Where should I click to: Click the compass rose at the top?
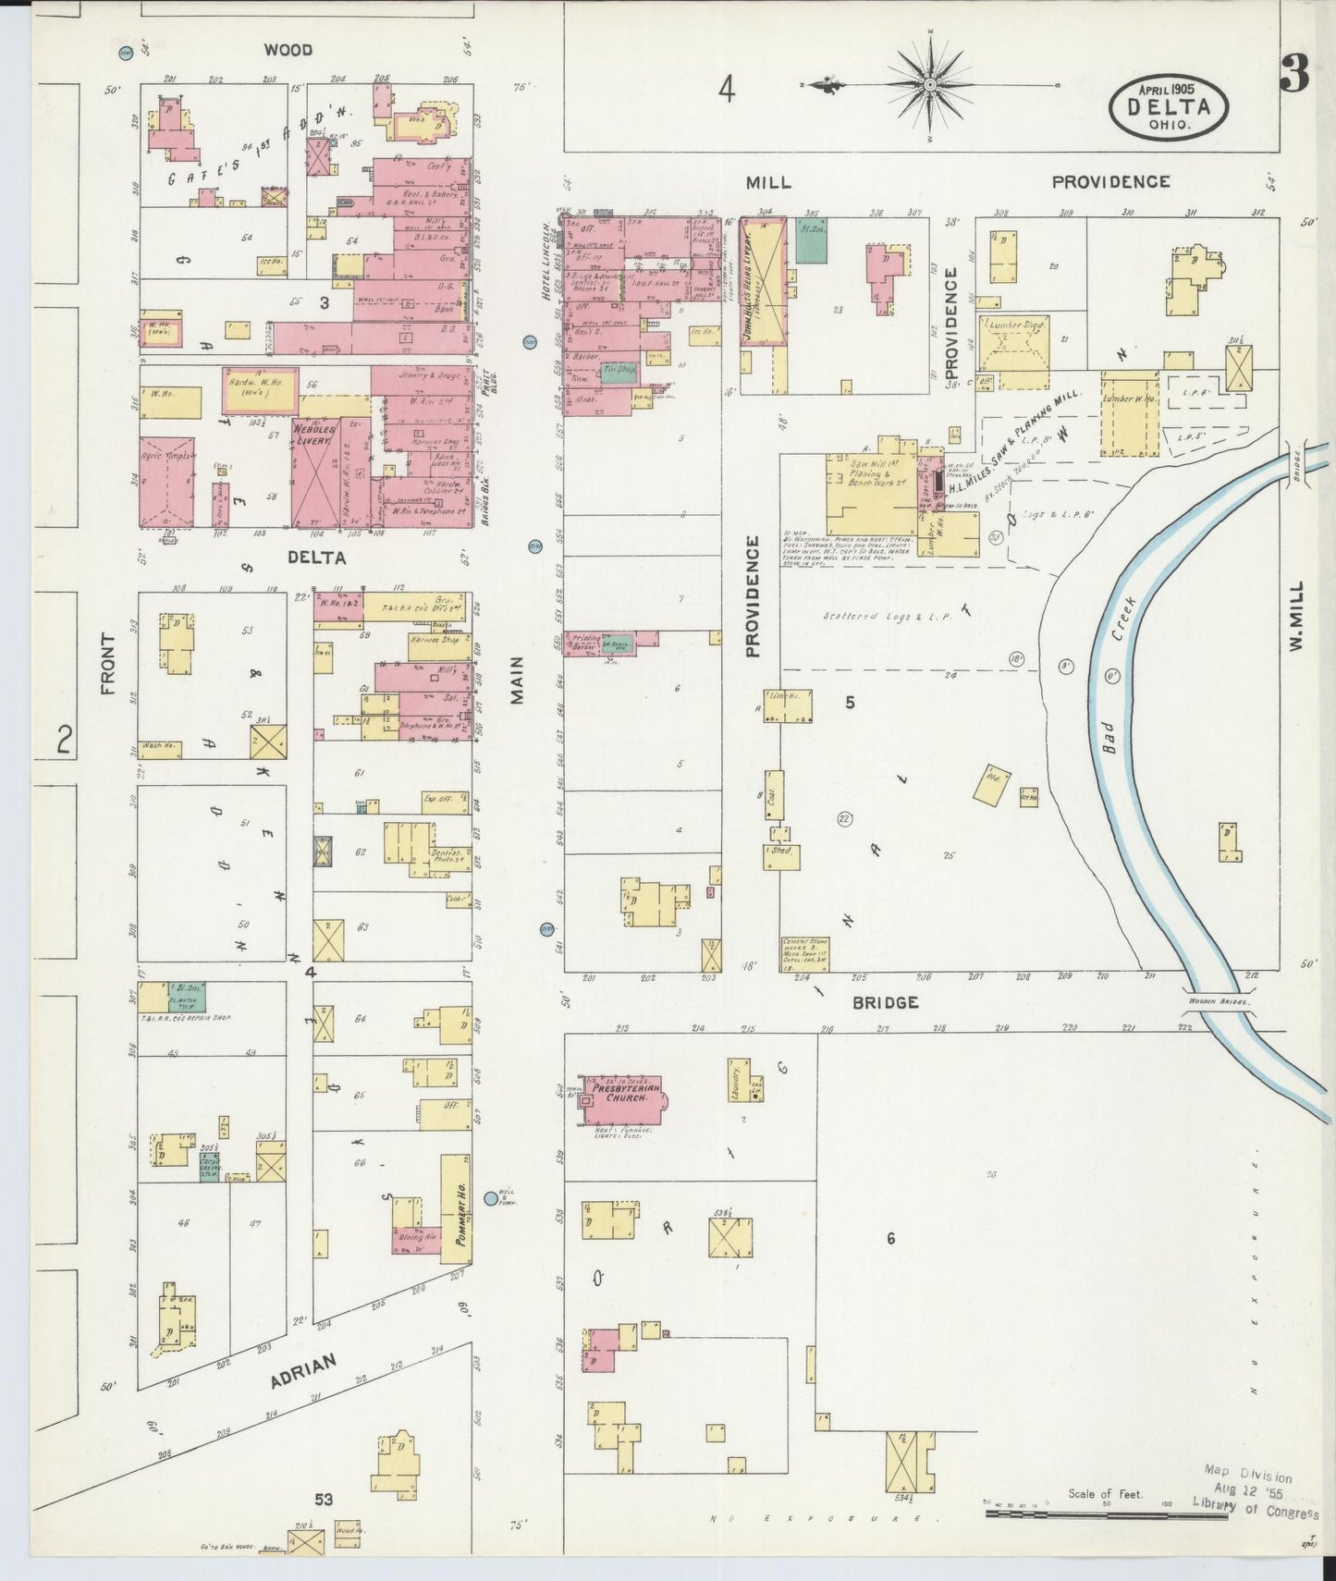929,85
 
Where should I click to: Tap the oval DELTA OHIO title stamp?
1170,105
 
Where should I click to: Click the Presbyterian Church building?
620,1098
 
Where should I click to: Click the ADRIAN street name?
303,1372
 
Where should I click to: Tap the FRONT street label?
109,664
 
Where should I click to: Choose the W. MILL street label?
1296,616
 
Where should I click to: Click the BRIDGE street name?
885,1002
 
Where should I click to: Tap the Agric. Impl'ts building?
167,482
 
